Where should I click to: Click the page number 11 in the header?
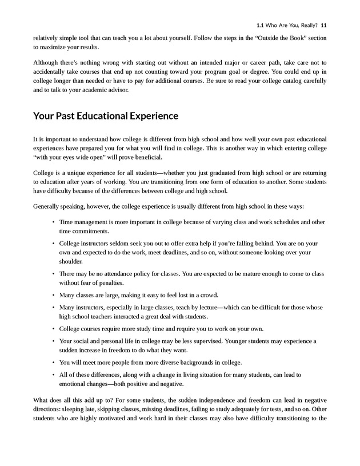click(323, 25)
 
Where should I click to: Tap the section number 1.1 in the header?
click(261, 25)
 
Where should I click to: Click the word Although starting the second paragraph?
click(47, 61)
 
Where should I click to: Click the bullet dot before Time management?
click(53, 221)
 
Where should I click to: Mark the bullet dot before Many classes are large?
click(53, 295)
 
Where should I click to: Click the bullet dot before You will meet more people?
click(53, 363)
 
